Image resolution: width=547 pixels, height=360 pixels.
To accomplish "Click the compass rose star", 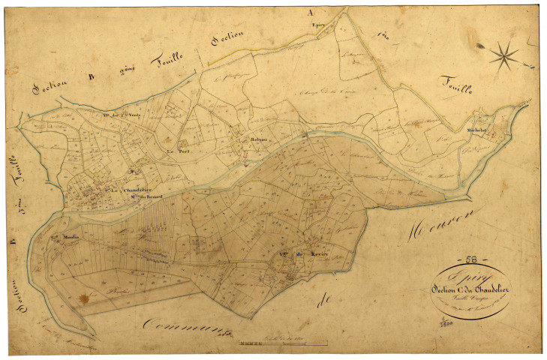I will click(504, 53).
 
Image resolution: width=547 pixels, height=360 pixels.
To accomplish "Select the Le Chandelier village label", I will click(131, 190).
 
